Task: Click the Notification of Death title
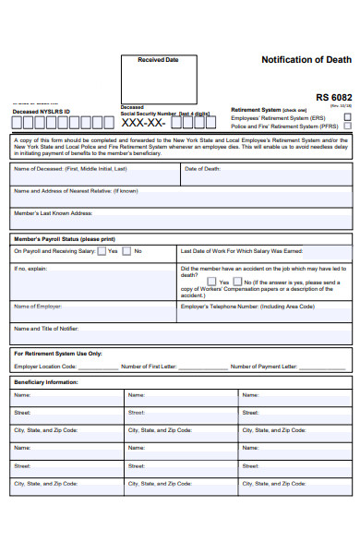point(306,59)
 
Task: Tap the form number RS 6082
point(333,97)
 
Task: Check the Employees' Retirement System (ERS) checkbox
point(347,118)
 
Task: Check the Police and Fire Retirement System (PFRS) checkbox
point(347,126)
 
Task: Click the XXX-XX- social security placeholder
point(143,123)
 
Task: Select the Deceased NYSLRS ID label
point(41,112)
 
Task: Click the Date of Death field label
point(202,169)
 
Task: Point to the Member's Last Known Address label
point(53,213)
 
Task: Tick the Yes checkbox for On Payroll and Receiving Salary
point(102,251)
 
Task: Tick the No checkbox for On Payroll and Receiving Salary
point(128,251)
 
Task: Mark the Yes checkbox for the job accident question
point(212,282)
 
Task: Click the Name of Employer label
point(38,306)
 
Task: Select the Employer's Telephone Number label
point(247,306)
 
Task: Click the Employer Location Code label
point(46,367)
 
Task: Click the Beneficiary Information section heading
point(46,381)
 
